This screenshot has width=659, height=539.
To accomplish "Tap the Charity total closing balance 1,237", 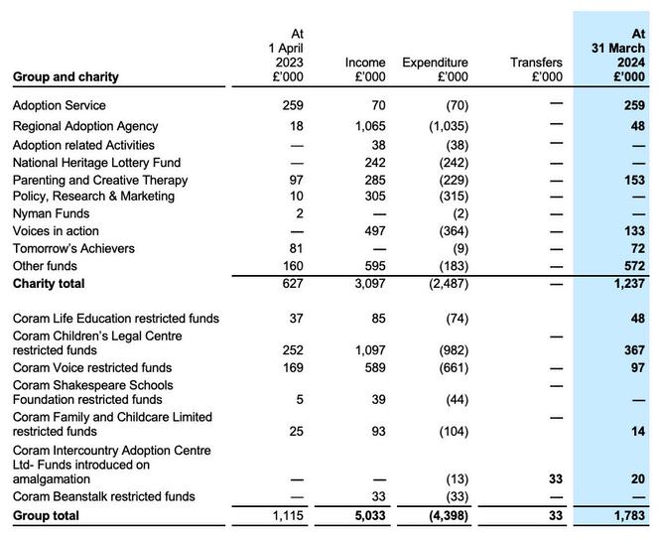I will tap(627, 283).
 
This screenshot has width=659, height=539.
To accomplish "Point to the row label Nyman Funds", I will tap(51, 213).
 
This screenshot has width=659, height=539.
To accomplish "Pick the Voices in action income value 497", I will tap(373, 230).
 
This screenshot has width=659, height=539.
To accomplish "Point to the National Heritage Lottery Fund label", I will tap(96, 162).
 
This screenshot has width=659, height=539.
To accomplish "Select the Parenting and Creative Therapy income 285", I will tap(373, 180).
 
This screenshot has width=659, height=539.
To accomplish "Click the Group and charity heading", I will tap(66, 76).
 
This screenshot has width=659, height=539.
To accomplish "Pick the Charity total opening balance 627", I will tap(289, 283).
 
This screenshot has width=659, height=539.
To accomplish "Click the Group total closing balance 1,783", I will tap(627, 515).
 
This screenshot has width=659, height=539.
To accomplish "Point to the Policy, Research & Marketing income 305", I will tap(373, 196).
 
